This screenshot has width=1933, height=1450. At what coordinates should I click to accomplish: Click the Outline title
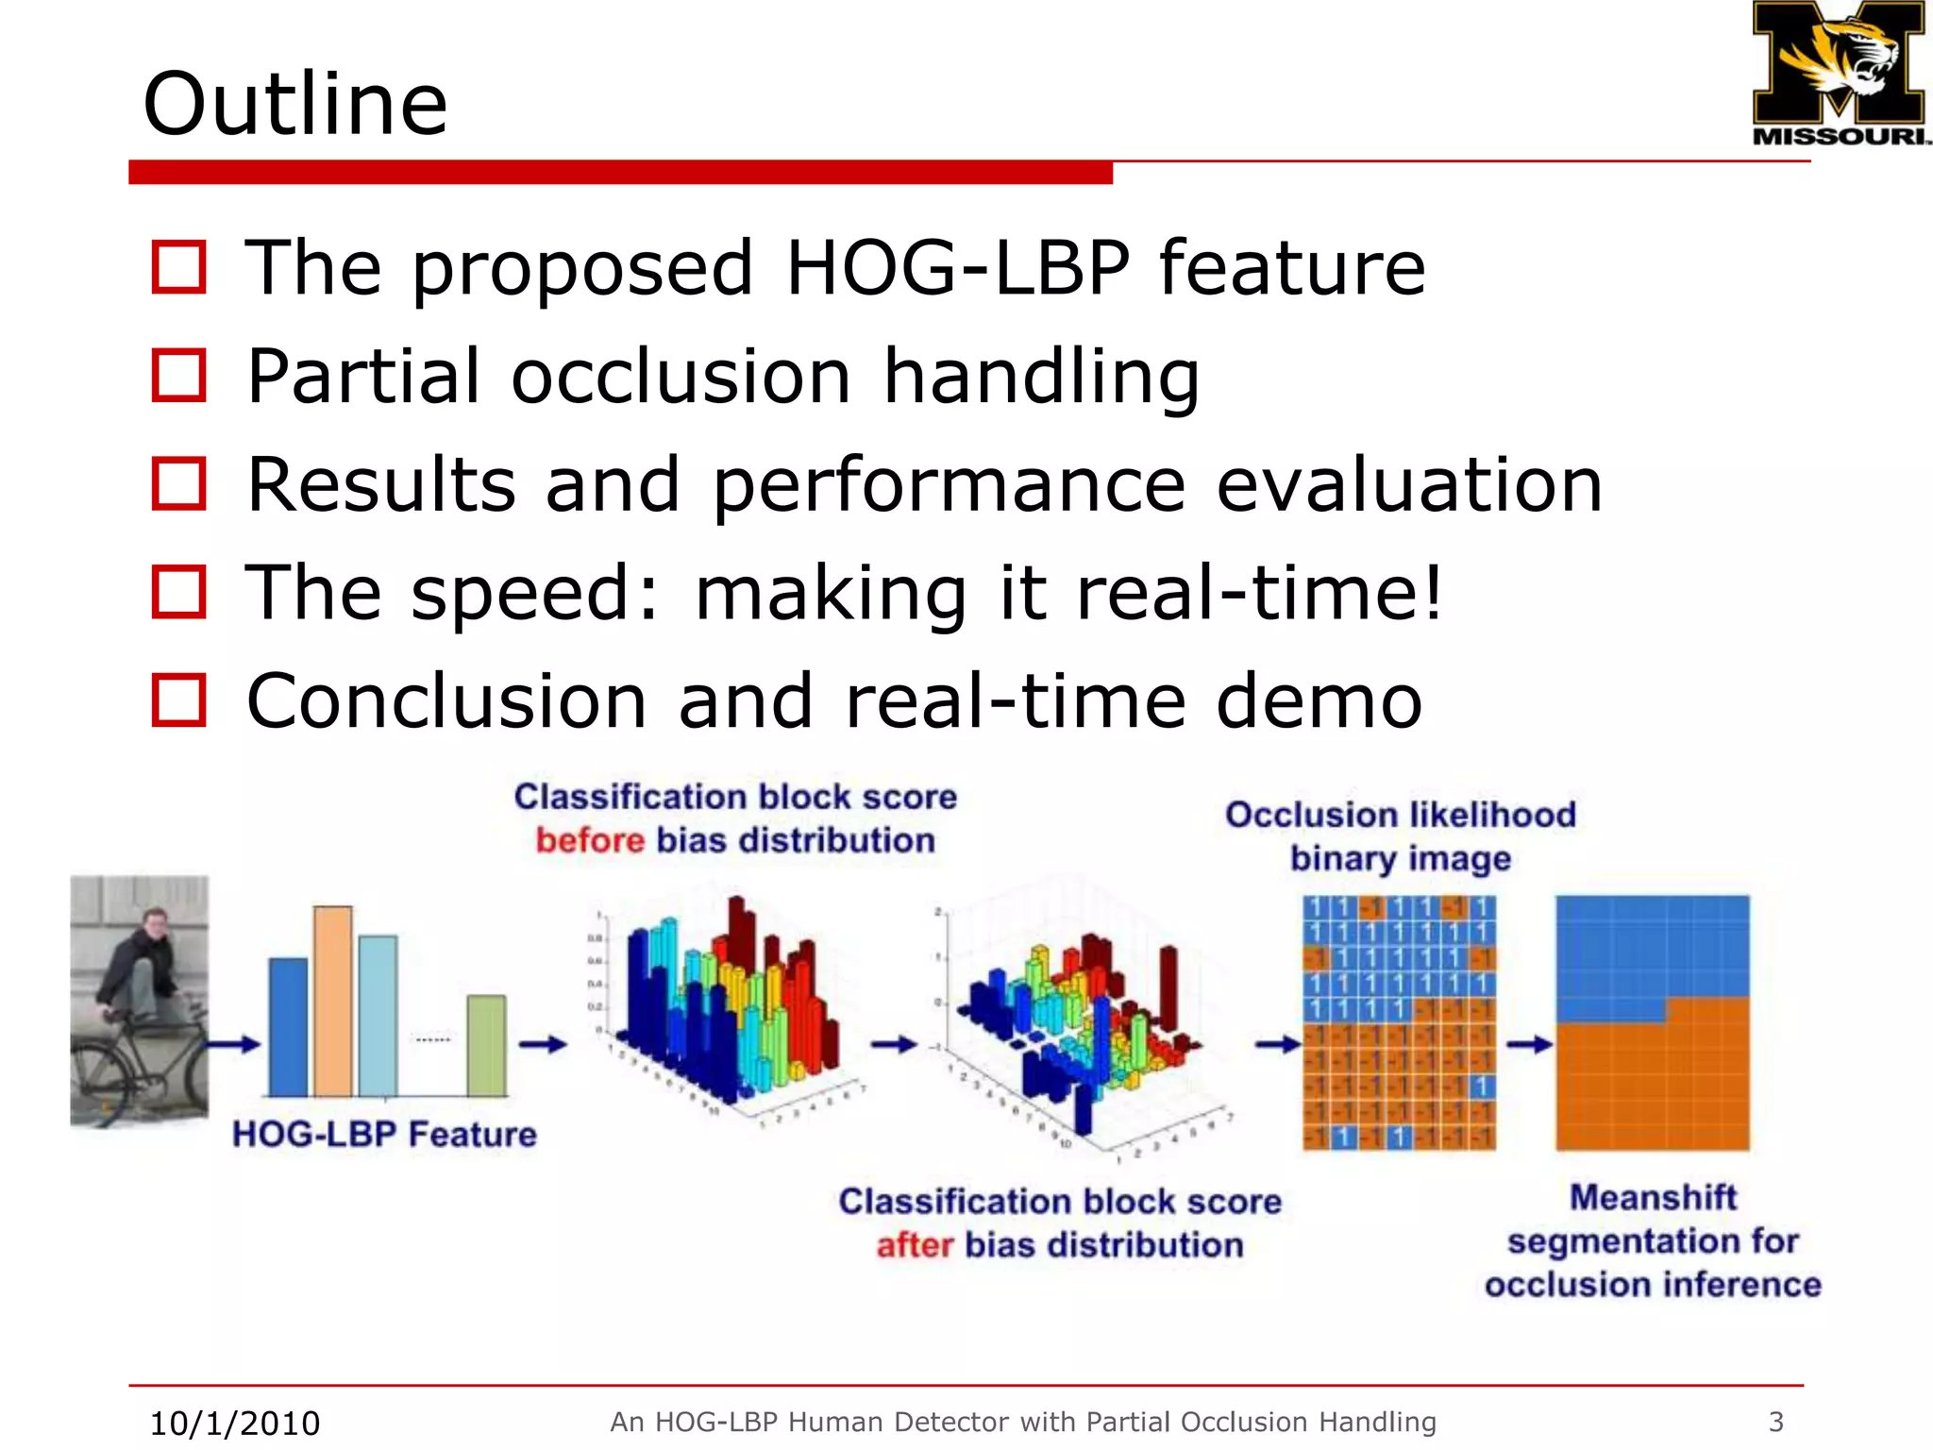(x=294, y=104)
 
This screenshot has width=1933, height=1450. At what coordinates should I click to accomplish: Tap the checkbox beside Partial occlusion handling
(x=178, y=376)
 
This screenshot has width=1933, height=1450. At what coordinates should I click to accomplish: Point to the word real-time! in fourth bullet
(x=1259, y=593)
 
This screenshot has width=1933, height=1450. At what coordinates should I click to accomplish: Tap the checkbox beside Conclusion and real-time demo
(x=178, y=700)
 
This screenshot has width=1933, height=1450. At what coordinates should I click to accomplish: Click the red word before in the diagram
(x=590, y=840)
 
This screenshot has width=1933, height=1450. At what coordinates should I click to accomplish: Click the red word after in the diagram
(x=915, y=1245)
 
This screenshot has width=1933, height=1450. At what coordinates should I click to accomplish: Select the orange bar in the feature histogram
(x=332, y=1001)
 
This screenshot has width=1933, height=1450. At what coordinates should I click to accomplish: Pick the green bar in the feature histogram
(x=486, y=1045)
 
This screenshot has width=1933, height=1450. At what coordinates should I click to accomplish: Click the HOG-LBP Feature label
(x=384, y=1134)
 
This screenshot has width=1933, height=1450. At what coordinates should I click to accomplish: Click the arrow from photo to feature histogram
(x=233, y=1044)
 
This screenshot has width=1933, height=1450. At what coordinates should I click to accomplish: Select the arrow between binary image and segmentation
(x=1529, y=1044)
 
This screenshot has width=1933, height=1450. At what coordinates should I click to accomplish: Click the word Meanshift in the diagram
(x=1653, y=1197)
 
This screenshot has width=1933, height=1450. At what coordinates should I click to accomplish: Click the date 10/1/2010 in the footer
(x=235, y=1423)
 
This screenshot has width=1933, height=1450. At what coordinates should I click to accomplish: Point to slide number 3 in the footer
(x=1775, y=1421)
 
